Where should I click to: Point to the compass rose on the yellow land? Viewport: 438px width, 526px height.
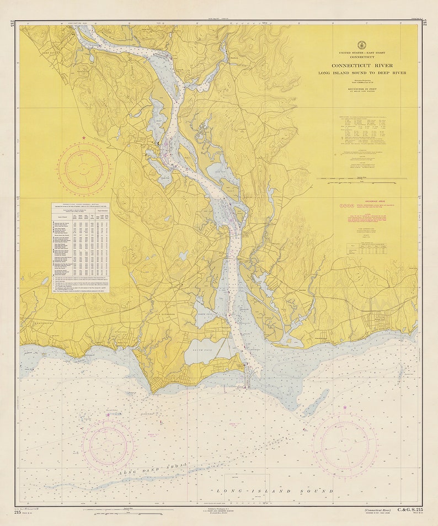83,169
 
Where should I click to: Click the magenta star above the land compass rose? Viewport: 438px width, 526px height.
84,137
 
